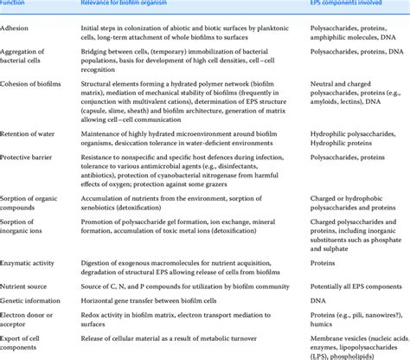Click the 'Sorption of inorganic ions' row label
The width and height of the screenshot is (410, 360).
(x=25, y=229)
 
